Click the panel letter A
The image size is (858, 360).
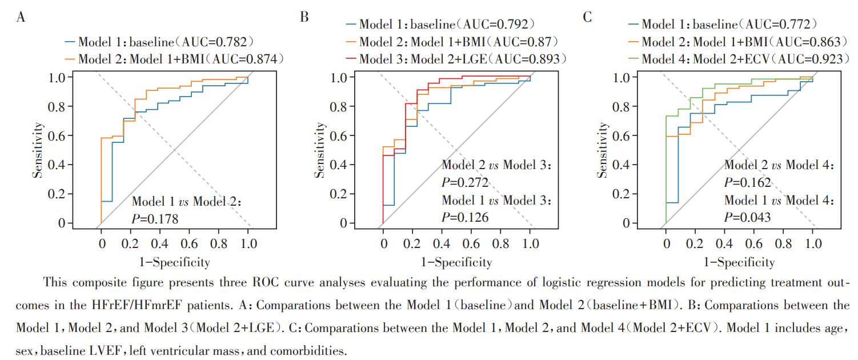coord(21,17)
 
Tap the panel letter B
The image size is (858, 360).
coord(304,17)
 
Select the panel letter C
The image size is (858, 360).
coord(587,17)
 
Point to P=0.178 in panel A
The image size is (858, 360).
coord(155,219)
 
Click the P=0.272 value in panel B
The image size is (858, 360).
coord(465,183)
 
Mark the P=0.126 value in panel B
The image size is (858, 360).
coord(465,217)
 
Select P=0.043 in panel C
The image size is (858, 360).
coord(747,217)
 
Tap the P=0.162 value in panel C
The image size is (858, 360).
coord(747,183)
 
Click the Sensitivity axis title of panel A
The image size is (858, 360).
coord(38,150)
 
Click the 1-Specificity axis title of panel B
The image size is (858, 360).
coord(456,262)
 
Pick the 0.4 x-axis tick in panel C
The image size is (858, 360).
coord(724,244)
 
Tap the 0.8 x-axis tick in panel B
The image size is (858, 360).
coord(501,244)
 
